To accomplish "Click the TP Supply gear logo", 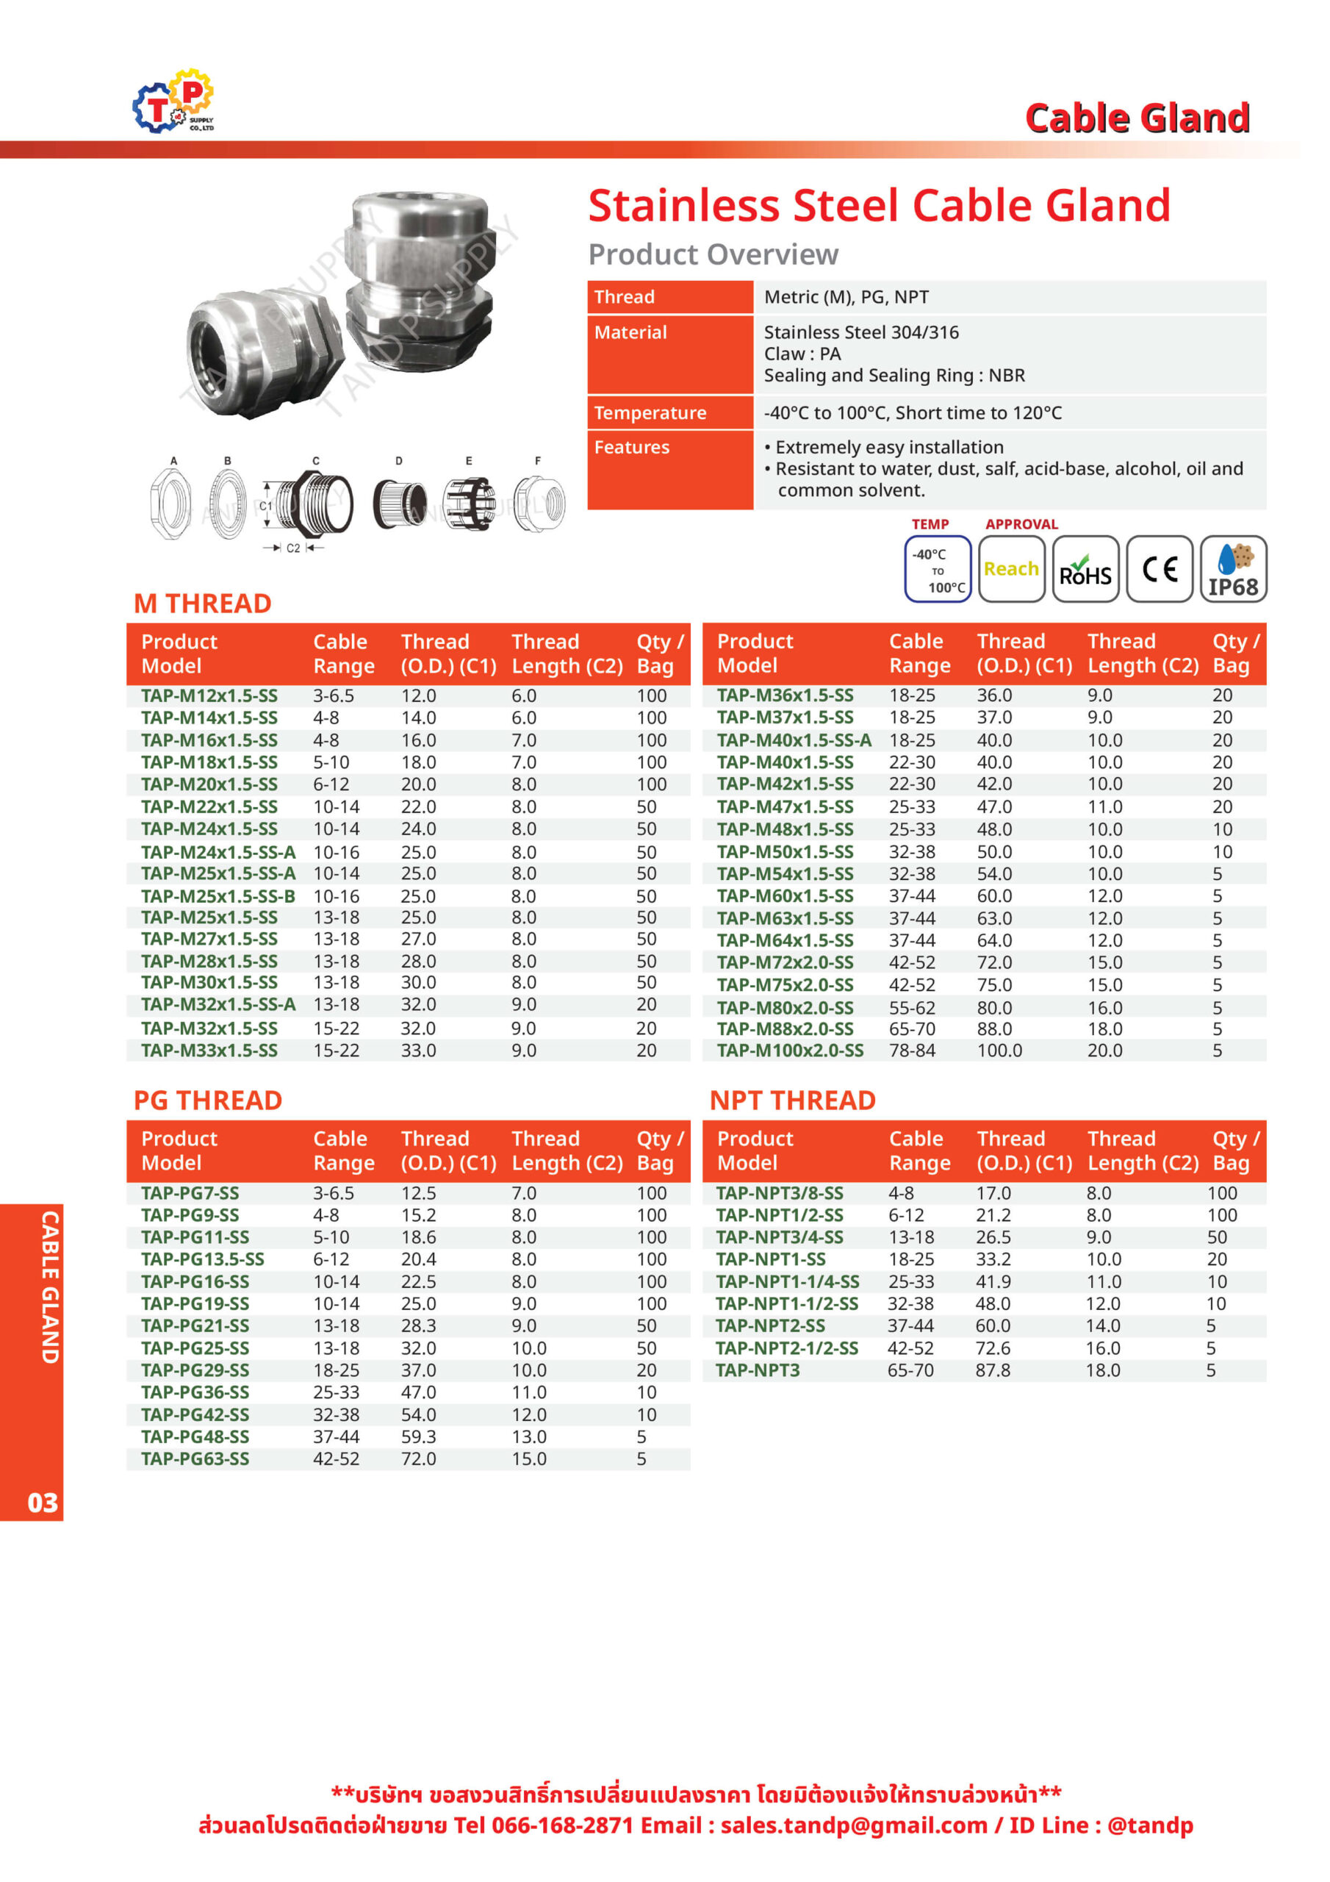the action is (x=173, y=101).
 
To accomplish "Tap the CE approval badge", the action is (x=1159, y=569).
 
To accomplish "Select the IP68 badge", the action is (x=1233, y=569).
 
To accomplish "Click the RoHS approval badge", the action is (x=1085, y=569).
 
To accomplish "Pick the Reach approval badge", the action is (x=1011, y=569).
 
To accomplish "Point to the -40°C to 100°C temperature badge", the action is (x=938, y=569).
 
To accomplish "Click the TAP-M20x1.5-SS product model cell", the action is (x=209, y=784).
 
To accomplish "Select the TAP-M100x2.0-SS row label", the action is (x=790, y=1050).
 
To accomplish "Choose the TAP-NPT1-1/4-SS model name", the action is (x=788, y=1281).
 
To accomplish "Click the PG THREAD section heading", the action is (x=208, y=1100).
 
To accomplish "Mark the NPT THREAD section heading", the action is (x=792, y=1100).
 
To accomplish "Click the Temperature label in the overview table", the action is (x=650, y=412).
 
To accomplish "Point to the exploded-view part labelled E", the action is (x=469, y=502).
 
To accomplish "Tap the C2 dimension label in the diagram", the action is (x=292, y=548).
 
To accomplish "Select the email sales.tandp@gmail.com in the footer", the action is (x=854, y=1825).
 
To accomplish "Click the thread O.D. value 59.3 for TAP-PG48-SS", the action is (x=418, y=1437).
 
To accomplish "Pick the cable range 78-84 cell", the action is (x=912, y=1050).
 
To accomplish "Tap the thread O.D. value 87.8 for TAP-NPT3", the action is (x=993, y=1370).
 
